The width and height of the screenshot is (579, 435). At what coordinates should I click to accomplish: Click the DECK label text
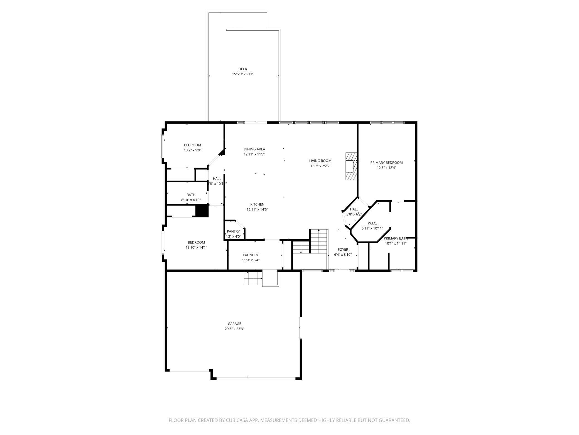click(x=243, y=69)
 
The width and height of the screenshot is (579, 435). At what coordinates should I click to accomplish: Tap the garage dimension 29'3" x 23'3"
click(x=234, y=329)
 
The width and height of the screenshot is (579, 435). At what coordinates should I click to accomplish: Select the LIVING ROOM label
click(x=320, y=161)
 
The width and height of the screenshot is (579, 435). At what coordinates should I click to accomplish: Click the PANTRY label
click(x=233, y=231)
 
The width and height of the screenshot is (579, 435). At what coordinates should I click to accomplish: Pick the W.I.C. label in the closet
click(x=372, y=223)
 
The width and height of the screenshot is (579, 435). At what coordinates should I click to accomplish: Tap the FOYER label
click(x=343, y=250)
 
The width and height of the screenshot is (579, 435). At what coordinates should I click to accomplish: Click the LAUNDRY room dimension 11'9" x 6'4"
click(x=251, y=260)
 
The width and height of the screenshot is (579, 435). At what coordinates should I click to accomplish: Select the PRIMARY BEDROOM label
click(x=386, y=163)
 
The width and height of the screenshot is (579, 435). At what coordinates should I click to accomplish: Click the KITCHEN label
click(x=257, y=204)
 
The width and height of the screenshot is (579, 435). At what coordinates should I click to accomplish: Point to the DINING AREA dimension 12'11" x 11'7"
click(x=254, y=154)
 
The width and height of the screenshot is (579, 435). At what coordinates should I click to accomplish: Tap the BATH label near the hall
click(x=191, y=195)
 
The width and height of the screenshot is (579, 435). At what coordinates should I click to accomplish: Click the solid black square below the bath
click(x=202, y=211)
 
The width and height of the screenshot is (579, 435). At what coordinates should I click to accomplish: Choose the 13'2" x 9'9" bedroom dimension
click(x=192, y=150)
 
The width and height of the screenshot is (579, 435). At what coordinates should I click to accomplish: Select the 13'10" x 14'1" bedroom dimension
click(x=196, y=247)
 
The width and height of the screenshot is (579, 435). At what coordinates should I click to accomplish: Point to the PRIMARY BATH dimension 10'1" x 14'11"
click(x=396, y=243)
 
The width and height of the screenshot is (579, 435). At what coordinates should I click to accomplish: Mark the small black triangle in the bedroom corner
click(x=222, y=152)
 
